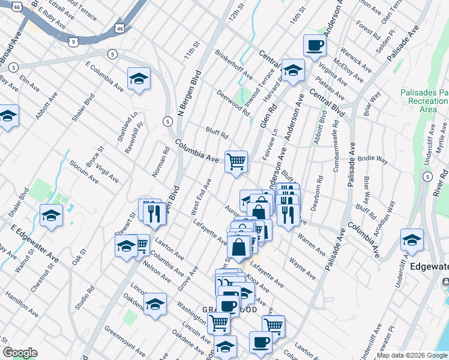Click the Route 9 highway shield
pyautogui.click(x=73, y=41)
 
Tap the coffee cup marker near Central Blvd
pyautogui.click(x=315, y=46)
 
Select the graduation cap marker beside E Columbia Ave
pyautogui.click(x=139, y=79)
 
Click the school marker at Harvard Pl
pyautogui.click(x=293, y=70)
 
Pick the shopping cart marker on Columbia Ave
pyautogui.click(x=236, y=161)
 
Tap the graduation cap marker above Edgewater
pyautogui.click(x=412, y=240)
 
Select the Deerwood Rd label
pyautogui.click(x=234, y=102)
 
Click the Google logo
pyautogui.click(x=20, y=353)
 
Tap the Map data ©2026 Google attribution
pyautogui.click(x=412, y=355)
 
